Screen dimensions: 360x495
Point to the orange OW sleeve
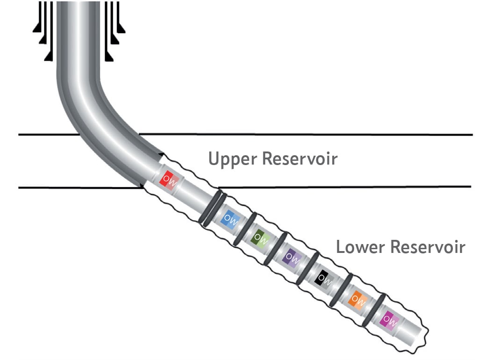(357, 298)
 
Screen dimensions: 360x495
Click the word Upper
(233, 159)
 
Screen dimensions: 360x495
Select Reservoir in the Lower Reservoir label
(428, 246)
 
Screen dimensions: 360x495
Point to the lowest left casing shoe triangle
(48, 57)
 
